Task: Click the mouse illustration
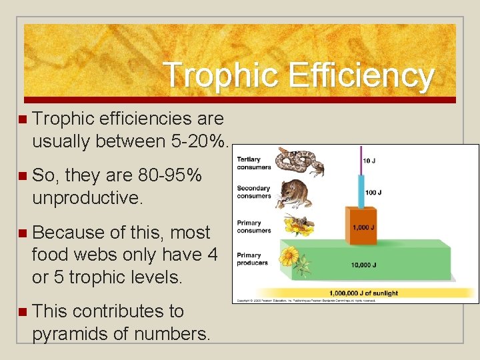click(293, 192)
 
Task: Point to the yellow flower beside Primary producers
click(292, 258)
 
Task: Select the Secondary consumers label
click(253, 192)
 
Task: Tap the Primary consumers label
click(253, 227)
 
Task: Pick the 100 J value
click(374, 193)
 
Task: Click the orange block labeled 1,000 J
click(361, 227)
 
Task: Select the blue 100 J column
click(361, 190)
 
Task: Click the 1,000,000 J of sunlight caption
click(363, 293)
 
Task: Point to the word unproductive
click(87, 199)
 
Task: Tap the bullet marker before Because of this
click(23, 233)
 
